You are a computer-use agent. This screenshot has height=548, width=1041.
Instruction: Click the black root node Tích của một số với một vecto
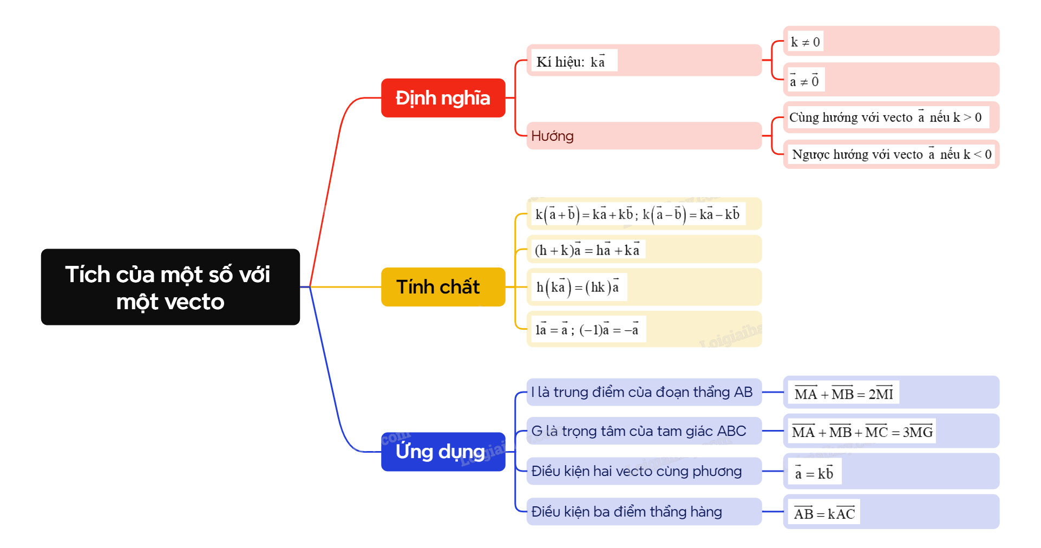tap(170, 287)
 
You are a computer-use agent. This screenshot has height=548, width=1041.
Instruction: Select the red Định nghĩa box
tap(443, 98)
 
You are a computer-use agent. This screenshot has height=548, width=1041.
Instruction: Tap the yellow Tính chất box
tap(443, 287)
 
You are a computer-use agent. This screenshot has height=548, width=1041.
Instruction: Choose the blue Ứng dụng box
tap(443, 452)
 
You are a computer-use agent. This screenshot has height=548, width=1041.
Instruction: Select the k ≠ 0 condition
tap(805, 42)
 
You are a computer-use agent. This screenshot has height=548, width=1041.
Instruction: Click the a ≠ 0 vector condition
tap(804, 81)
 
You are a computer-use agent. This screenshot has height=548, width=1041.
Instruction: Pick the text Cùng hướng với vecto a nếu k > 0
tap(886, 118)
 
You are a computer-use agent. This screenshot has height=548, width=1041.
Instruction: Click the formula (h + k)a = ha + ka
tap(587, 250)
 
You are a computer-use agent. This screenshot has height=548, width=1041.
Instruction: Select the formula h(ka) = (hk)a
tap(578, 287)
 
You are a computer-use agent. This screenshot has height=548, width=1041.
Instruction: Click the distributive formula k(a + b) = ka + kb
tap(637, 214)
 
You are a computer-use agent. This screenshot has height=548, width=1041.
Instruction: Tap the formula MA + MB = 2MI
tap(843, 394)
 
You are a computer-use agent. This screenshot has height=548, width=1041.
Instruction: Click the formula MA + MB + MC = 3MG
tap(862, 432)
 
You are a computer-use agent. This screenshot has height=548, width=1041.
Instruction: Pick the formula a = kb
tap(814, 473)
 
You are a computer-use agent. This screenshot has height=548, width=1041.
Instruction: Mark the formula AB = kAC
tap(824, 513)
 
